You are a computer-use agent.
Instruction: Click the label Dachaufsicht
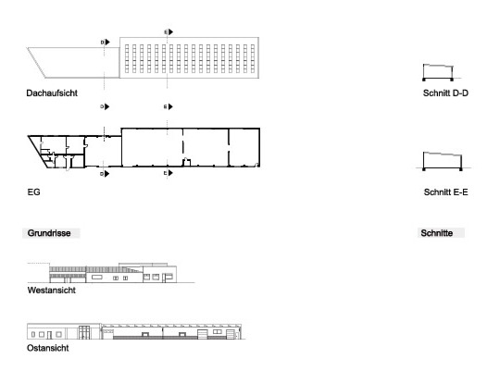coord(52,93)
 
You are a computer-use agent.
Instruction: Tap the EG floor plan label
coord(34,192)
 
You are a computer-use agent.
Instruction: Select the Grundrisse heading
coord(49,233)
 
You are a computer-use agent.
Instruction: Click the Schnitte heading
coord(436,233)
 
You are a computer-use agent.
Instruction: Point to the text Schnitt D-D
coord(445,93)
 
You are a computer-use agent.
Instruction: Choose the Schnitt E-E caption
coord(445,192)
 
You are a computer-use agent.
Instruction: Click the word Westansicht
coord(52,291)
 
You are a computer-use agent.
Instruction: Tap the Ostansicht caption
coord(48,348)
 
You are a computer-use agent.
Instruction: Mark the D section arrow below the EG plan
coord(105,174)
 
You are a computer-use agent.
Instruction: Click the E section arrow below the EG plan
coord(169,173)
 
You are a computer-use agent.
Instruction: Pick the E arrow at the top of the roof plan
coord(169,31)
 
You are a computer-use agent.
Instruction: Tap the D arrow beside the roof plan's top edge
coord(106,42)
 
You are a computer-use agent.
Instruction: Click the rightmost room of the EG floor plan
coord(244,147)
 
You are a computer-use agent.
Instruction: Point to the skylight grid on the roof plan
coord(190,58)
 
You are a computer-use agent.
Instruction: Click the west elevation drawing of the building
coord(111,273)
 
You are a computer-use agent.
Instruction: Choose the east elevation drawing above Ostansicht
coord(134,331)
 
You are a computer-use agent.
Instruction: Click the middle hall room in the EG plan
coord(206,147)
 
